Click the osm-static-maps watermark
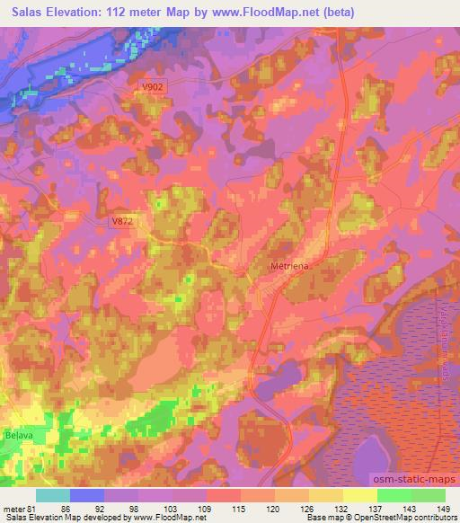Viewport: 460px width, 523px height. coord(415,477)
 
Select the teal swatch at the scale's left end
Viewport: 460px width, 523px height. coord(53,495)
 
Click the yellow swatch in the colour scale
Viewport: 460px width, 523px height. coord(360,495)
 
